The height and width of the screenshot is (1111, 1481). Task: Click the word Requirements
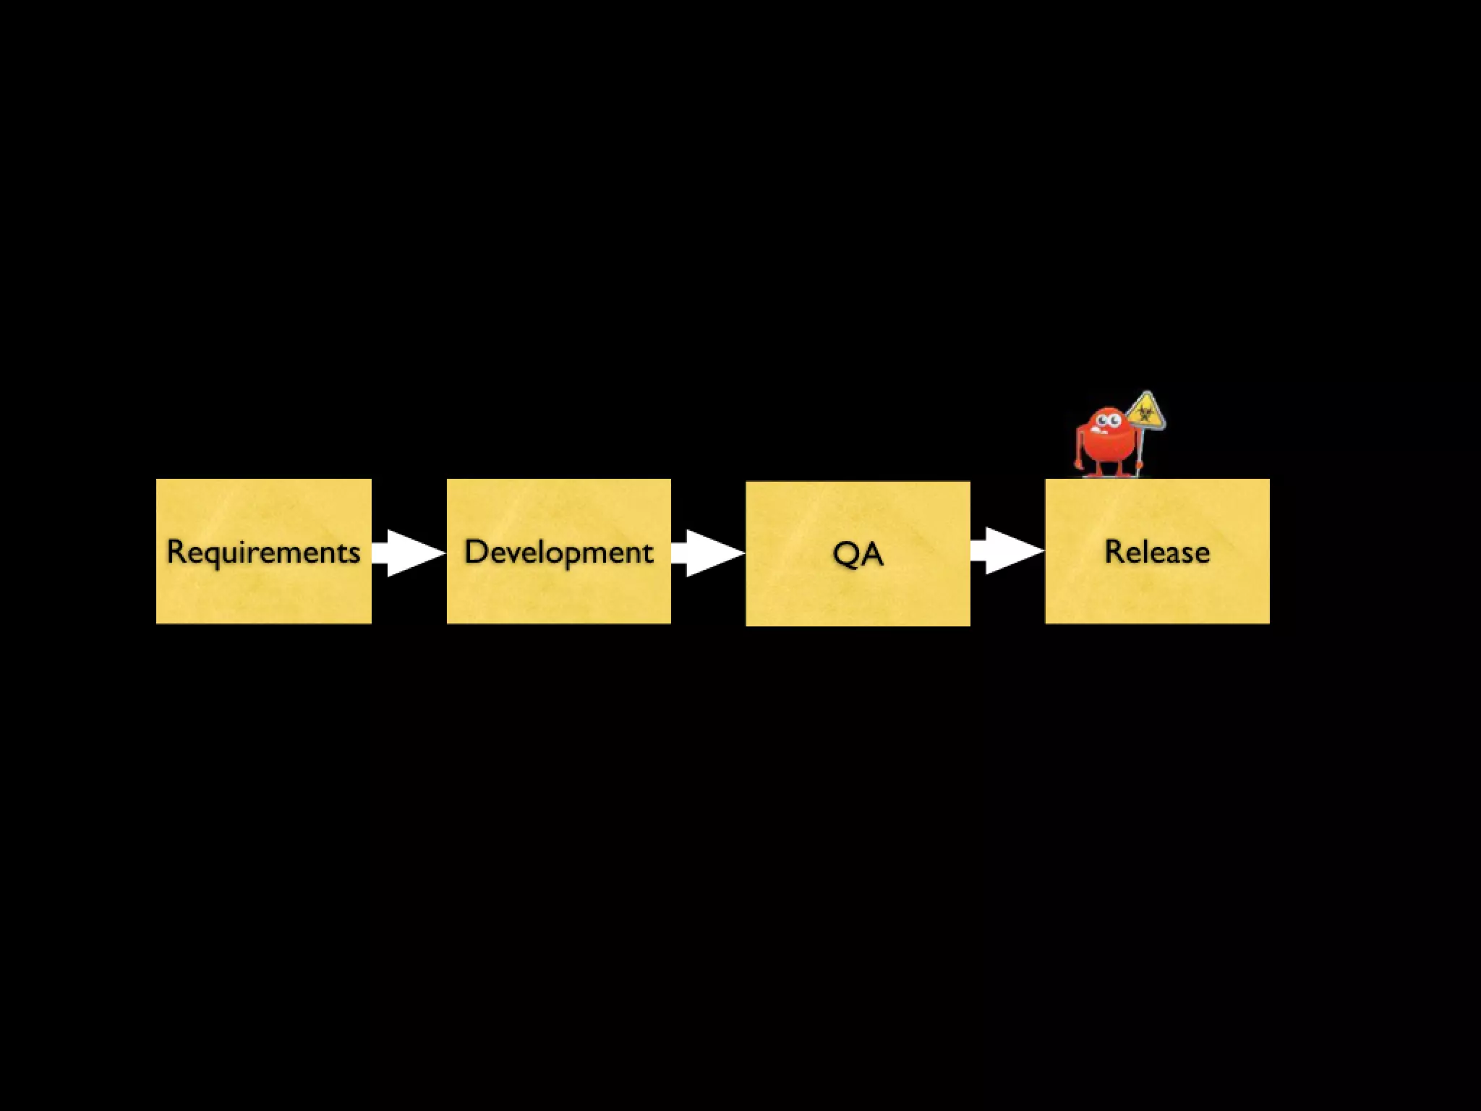pyautogui.click(x=263, y=552)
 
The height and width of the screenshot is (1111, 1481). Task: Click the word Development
pyautogui.click(x=558, y=552)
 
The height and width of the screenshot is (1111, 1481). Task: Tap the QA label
pyautogui.click(x=858, y=554)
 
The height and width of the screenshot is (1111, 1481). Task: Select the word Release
pyautogui.click(x=1157, y=552)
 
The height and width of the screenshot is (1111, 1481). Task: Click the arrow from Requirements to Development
pyautogui.click(x=410, y=553)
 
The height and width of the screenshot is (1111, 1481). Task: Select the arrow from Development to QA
pyautogui.click(x=708, y=553)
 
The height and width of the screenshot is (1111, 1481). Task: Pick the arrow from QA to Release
pyautogui.click(x=1007, y=551)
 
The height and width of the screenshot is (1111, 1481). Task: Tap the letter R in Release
pyautogui.click(x=1113, y=552)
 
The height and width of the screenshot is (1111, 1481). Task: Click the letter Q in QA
pyautogui.click(x=845, y=554)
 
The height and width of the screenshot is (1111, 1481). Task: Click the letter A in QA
pyautogui.click(x=872, y=554)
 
